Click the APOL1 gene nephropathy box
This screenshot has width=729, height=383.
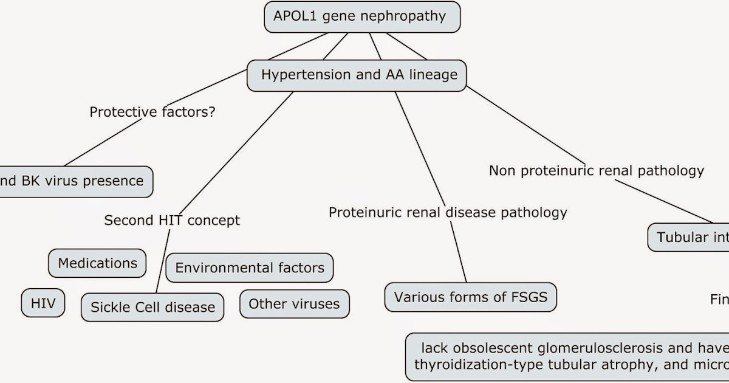pyautogui.click(x=362, y=17)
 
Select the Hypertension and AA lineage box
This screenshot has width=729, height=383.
pyautogui.click(x=359, y=75)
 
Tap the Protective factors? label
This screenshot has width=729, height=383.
pyautogui.click(x=152, y=112)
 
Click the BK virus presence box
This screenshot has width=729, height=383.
pyautogui.click(x=73, y=181)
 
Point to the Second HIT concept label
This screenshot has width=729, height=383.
pyautogui.click(x=172, y=220)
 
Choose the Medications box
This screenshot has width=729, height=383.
pyautogui.click(x=97, y=263)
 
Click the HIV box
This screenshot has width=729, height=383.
pyautogui.click(x=43, y=303)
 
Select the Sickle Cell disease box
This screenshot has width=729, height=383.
pyautogui.click(x=152, y=307)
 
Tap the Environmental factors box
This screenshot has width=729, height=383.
pyautogui.click(x=250, y=267)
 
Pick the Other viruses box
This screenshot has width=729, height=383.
pyautogui.click(x=294, y=303)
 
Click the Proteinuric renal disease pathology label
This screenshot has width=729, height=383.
pyautogui.click(x=448, y=212)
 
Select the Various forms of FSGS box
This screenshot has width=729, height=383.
pyautogui.click(x=471, y=297)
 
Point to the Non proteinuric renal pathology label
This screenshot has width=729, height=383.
pyautogui.click(x=596, y=171)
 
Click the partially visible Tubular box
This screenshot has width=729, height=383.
pyautogui.click(x=688, y=236)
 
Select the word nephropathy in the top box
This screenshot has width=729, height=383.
pyautogui.click(x=403, y=16)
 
